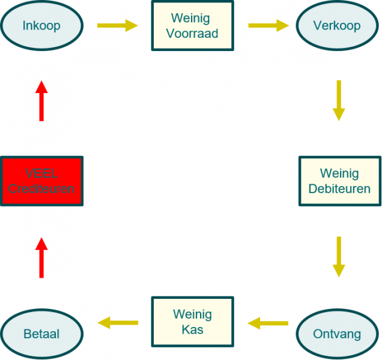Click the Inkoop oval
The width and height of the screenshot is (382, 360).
41,26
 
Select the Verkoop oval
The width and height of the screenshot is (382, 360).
337,26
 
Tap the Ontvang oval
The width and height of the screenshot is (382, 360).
337,334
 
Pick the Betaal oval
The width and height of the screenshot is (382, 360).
41,334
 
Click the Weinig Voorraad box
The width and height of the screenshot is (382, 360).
192,25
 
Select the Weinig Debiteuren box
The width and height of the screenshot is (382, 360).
339,181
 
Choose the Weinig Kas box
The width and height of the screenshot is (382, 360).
192,322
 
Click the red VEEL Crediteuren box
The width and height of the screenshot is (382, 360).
41,181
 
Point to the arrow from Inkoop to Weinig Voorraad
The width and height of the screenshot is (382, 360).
117,26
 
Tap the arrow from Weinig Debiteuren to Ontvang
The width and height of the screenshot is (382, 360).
339,257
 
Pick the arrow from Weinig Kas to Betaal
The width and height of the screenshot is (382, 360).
118,323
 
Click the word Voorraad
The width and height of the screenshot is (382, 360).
192,33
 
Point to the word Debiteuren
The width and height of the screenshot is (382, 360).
339,189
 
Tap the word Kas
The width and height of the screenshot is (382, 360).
192,329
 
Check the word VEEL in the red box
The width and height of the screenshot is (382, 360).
41,173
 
